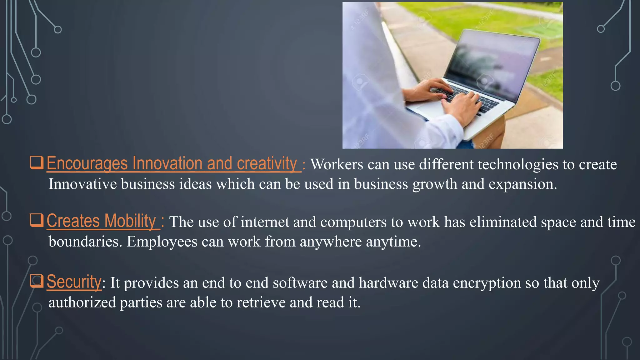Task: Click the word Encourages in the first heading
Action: (87, 164)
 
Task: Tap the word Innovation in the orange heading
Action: (167, 164)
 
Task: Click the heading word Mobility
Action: (130, 221)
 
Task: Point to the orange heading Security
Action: (74, 282)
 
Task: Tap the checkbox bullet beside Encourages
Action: (37, 162)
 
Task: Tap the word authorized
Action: (82, 302)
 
